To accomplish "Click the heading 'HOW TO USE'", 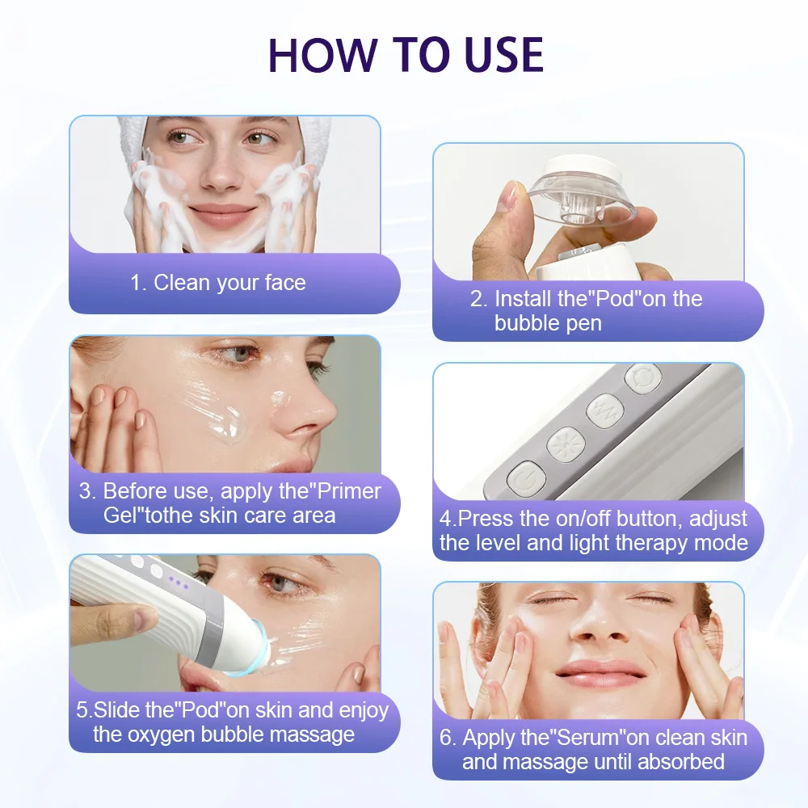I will coord(406,54).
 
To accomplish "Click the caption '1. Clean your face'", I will coord(218,283).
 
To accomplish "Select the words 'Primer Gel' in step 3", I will coord(242,503).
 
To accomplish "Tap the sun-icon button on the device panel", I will coord(560,444).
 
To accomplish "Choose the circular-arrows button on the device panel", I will coord(642,377).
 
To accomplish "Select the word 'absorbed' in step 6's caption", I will coord(681,761).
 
